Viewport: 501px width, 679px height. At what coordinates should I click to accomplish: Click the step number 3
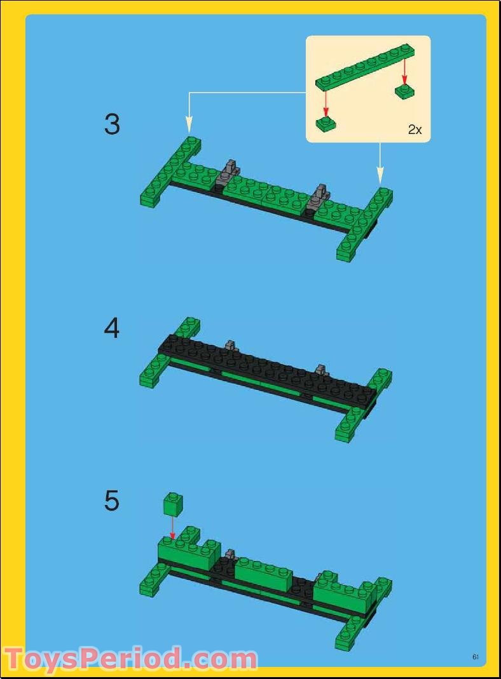(x=112, y=124)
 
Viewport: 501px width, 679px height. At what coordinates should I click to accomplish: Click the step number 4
(x=112, y=329)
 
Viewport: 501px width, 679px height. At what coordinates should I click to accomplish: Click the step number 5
(x=112, y=501)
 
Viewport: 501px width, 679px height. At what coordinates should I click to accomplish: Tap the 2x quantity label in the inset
(x=415, y=130)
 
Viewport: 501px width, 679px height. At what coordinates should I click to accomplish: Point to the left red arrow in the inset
(x=326, y=101)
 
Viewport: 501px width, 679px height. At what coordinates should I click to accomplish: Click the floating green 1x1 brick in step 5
(x=171, y=505)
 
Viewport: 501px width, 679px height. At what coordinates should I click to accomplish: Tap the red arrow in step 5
(x=171, y=528)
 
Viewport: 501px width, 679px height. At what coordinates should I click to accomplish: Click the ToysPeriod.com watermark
(x=130, y=659)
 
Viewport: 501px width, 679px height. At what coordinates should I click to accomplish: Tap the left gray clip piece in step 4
(x=231, y=346)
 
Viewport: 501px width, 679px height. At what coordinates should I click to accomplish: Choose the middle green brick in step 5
(x=263, y=574)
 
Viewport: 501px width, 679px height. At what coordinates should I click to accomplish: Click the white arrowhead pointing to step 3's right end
(x=380, y=173)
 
